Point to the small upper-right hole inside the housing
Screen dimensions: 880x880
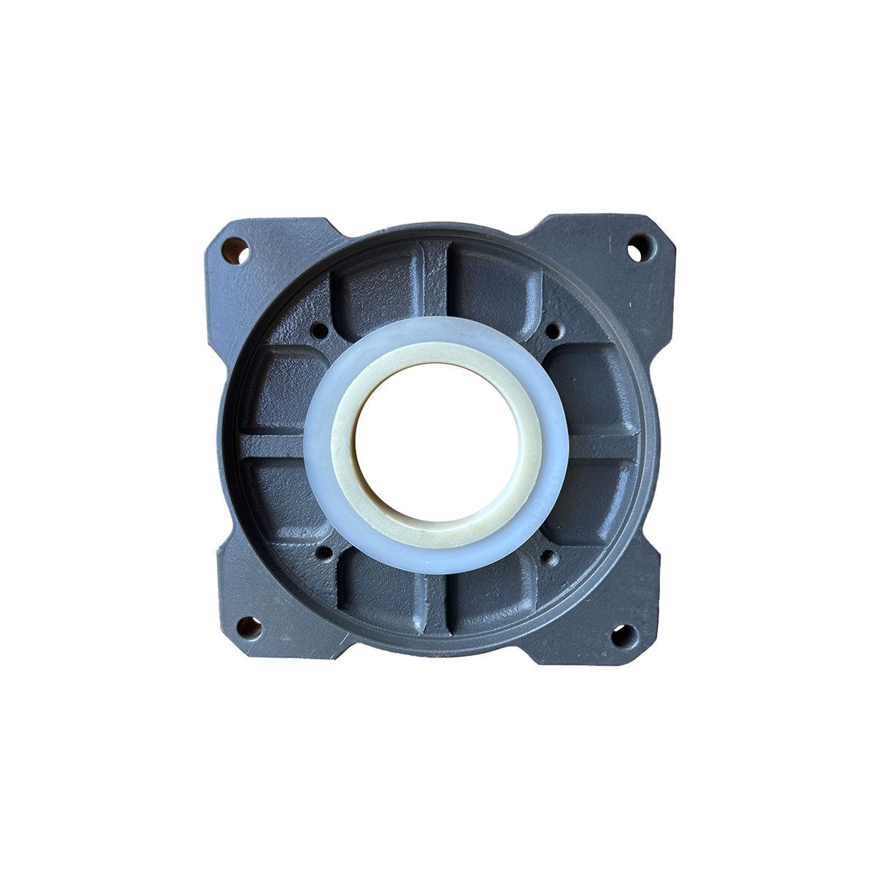point(554,329)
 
